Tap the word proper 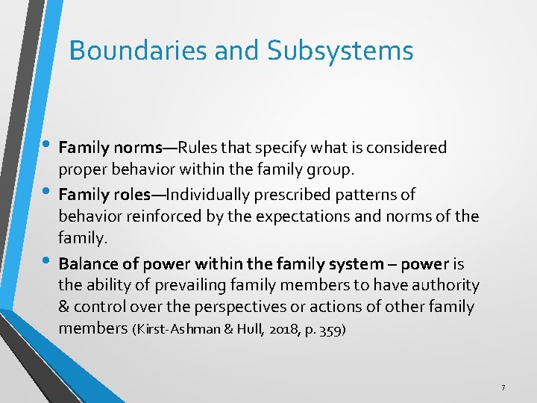(82, 170)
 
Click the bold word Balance (85, 263)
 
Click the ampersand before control (64, 307)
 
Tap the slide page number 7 (503, 387)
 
